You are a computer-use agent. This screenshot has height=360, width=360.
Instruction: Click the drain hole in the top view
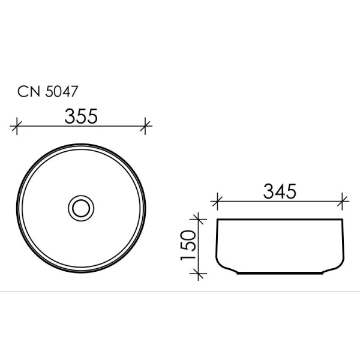tap(80, 208)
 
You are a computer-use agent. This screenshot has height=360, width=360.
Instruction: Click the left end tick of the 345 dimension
tap(218, 201)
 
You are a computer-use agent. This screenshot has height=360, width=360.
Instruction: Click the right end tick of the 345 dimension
tap(343, 201)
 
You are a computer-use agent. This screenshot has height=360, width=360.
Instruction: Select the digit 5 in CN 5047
tap(49, 92)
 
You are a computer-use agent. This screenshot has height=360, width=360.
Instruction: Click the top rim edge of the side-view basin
tap(280, 220)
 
